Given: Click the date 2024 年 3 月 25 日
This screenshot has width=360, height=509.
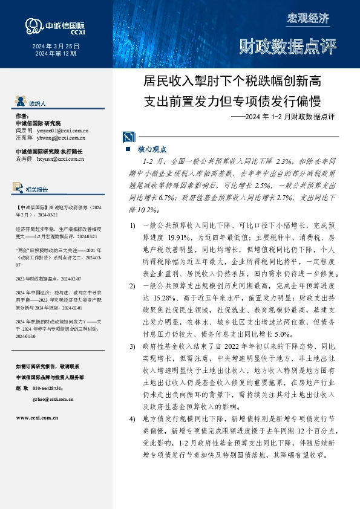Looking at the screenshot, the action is pos(55,46).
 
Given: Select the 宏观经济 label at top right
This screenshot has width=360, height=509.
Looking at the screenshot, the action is pos(308,18).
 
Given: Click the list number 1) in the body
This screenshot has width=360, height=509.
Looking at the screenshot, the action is pos(132,225).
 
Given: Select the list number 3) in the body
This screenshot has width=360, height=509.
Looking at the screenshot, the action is pos(132,346).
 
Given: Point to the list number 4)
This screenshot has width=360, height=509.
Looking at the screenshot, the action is pos(132,418).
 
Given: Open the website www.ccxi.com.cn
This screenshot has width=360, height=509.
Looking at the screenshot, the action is pos(37,417).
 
